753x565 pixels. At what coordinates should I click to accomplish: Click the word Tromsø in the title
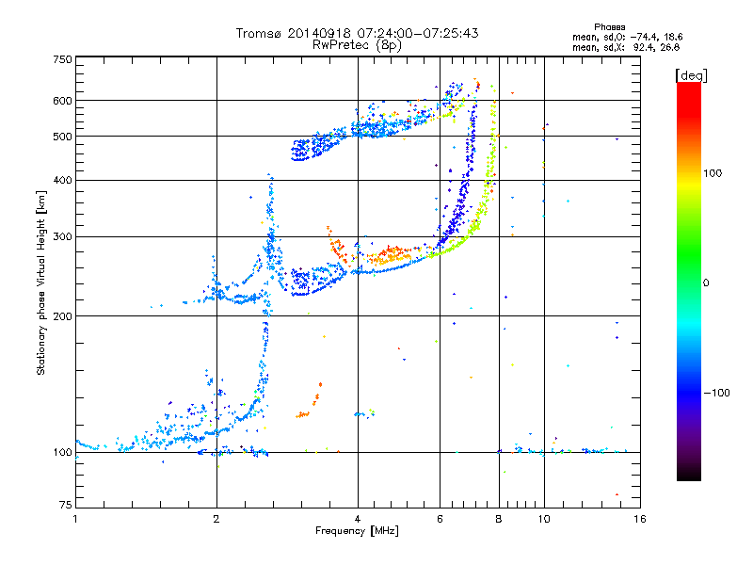tap(260, 33)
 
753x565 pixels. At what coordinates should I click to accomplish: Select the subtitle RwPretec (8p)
tap(357, 45)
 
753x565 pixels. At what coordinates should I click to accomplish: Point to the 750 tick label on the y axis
tap(62, 59)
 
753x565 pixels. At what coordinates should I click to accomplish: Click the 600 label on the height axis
tap(62, 101)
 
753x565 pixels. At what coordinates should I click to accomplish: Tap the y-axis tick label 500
tap(62, 136)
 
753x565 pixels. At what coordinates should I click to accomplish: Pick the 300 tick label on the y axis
tap(62, 236)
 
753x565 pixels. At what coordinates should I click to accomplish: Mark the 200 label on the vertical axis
tap(62, 315)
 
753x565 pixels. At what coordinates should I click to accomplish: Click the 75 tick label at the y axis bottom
tap(66, 505)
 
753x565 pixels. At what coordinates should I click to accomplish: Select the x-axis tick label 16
tap(640, 519)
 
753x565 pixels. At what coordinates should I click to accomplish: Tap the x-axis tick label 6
tap(440, 519)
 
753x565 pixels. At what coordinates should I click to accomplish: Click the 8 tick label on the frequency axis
tap(499, 519)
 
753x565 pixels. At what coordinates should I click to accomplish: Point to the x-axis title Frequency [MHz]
tap(357, 531)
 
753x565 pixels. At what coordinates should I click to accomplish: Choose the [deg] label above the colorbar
tap(691, 75)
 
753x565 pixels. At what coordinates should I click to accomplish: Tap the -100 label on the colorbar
tap(717, 393)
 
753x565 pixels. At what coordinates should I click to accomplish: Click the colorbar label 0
tap(706, 283)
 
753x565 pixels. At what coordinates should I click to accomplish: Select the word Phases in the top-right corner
tap(609, 27)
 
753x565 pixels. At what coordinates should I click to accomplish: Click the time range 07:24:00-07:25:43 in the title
tap(417, 33)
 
